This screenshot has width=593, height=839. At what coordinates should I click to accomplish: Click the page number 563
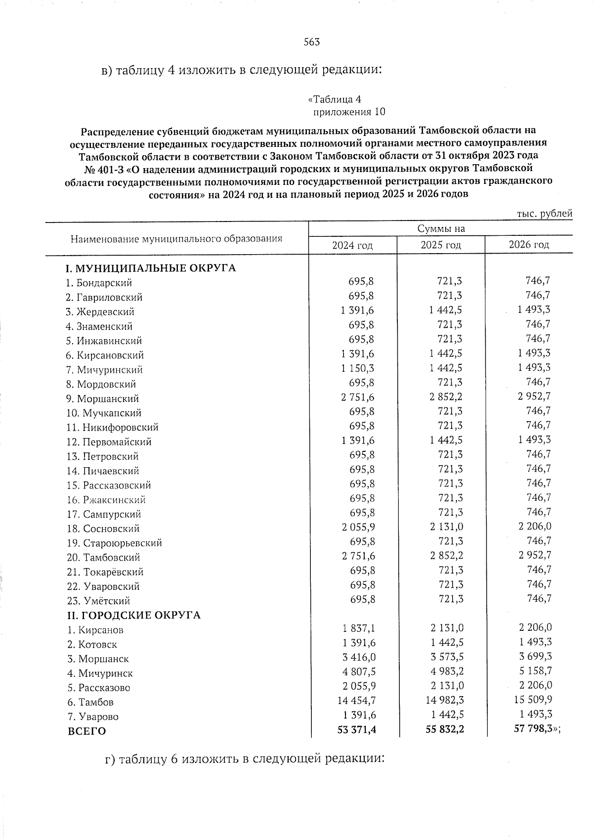pos(312,42)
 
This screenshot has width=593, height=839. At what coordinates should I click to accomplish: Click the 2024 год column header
pos(352,245)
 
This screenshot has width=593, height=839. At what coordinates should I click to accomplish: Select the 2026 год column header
pos(529,245)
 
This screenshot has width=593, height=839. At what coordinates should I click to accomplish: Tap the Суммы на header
pos(441,229)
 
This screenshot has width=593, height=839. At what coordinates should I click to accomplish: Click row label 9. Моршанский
pos(102,398)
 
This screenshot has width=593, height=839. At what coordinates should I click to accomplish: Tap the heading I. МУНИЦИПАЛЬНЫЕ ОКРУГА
pos(151,268)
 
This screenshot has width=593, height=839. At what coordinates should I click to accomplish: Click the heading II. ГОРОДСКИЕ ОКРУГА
pos(133,616)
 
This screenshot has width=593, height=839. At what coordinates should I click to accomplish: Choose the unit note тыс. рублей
pos(545,214)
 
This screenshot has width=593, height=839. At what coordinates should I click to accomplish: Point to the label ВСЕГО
pos(86,731)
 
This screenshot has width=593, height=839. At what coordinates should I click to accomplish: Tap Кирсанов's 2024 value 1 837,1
pos(358,628)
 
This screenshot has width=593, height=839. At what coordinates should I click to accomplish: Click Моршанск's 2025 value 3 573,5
pos(447,657)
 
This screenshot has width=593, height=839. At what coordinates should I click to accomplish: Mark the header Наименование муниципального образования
pos(176,239)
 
